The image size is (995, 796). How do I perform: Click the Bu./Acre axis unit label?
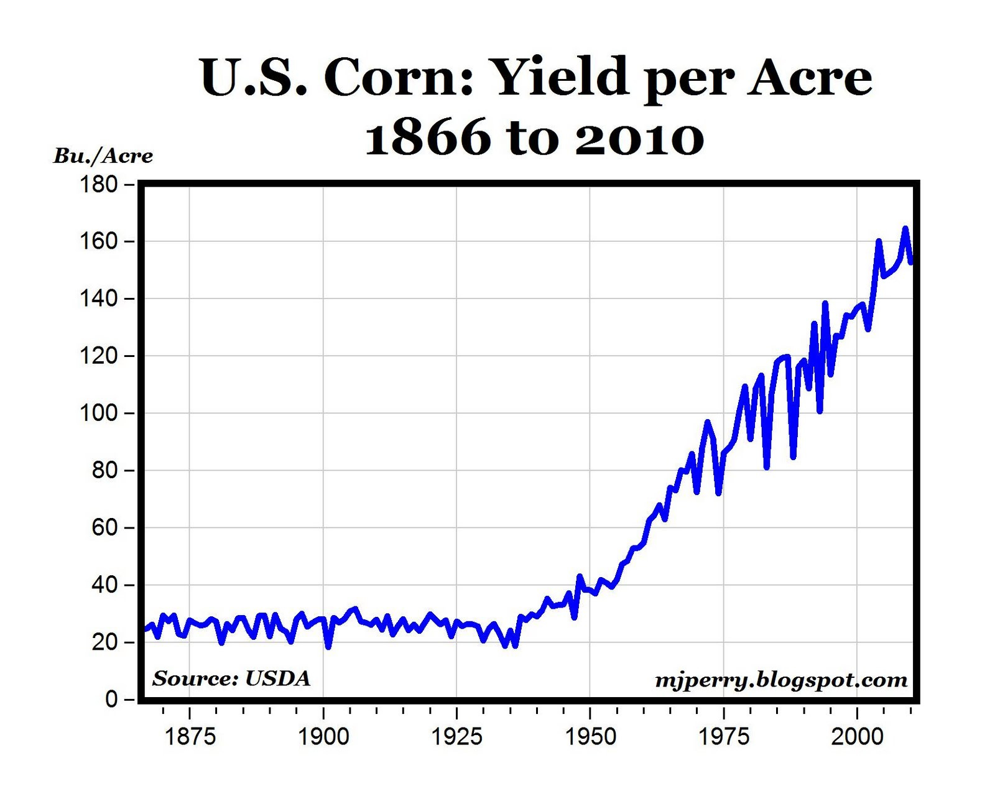pyautogui.click(x=103, y=155)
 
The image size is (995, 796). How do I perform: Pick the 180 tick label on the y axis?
pyautogui.click(x=98, y=185)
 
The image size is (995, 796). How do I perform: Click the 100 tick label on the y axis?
pyautogui.click(x=98, y=413)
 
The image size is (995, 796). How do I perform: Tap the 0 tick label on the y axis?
pyautogui.click(x=111, y=700)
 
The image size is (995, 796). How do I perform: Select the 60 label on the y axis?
pyautogui.click(x=104, y=528)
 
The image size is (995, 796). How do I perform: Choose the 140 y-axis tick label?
pyautogui.click(x=98, y=299)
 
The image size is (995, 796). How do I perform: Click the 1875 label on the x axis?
pyautogui.click(x=190, y=737)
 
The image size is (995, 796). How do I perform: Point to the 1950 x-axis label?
pyautogui.click(x=590, y=737)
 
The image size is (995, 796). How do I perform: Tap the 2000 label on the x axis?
pyautogui.click(x=857, y=737)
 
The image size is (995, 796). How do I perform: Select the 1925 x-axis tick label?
pyautogui.click(x=456, y=737)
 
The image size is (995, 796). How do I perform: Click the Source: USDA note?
pyautogui.click(x=231, y=678)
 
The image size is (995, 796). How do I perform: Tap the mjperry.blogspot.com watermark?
pyautogui.click(x=781, y=680)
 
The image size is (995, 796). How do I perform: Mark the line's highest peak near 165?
pyautogui.click(x=905, y=229)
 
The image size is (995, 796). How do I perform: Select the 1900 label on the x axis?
pyautogui.click(x=323, y=737)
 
